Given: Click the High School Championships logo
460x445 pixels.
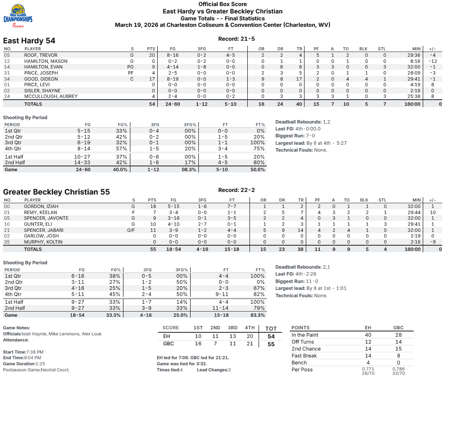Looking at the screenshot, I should pyautogui.click(x=18, y=16).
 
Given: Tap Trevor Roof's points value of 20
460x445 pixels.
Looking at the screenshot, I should pyautogui.click(x=152, y=55).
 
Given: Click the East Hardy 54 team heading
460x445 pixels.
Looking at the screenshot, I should pyautogui.click(x=29, y=41).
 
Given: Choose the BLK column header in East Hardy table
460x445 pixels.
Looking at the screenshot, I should pyautogui.click(x=363, y=49).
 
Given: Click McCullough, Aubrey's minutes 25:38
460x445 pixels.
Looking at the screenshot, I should pyautogui.click(x=414, y=96).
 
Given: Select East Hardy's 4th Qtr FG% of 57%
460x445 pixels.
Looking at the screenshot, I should pyautogui.click(x=122, y=149).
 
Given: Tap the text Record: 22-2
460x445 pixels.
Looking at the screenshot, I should pyautogui.click(x=236, y=190).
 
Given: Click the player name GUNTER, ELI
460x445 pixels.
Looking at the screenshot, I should pyautogui.click(x=38, y=224).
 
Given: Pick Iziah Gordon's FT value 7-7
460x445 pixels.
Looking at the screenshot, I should pyautogui.click(x=232, y=207).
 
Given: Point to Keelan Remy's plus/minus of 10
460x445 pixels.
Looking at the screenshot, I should pyautogui.click(x=432, y=212).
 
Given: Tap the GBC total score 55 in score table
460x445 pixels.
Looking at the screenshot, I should pyautogui.click(x=271, y=344).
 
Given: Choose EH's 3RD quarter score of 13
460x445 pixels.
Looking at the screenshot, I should pyautogui.click(x=233, y=336).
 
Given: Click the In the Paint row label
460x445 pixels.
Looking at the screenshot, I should pyautogui.click(x=305, y=335).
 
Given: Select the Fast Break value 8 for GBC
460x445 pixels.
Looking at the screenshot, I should pyautogui.click(x=398, y=356).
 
